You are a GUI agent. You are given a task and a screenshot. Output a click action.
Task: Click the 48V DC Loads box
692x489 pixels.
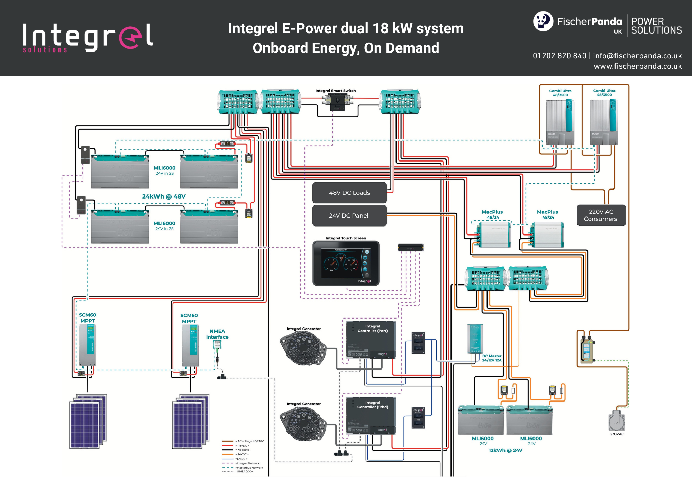pos(349,193)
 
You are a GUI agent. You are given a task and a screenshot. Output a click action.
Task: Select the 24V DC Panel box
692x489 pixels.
pos(349,215)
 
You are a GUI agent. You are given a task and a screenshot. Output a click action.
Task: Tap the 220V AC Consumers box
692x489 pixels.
pos(601,215)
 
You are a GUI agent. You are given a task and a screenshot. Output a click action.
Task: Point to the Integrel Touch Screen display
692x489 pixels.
pos(346,264)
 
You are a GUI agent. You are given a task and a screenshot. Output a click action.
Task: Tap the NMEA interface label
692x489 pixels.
pos(217,334)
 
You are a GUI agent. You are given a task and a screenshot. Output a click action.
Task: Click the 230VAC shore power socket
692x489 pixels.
pos(617,421)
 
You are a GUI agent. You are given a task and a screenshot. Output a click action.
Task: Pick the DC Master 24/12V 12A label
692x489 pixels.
pos(492,358)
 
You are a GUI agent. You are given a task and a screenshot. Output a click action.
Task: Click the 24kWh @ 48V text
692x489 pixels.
pos(164,196)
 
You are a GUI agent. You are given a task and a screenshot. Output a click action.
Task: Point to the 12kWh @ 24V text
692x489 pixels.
pos(505,450)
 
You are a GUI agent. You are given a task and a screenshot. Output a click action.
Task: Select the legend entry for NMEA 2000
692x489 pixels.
pos(244,472)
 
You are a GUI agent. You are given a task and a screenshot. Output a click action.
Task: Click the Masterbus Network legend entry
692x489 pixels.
pos(249,468)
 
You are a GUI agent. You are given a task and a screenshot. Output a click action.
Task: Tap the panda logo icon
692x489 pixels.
pos(543,21)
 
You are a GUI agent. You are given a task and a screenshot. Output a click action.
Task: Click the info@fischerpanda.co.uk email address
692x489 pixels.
pos(637,56)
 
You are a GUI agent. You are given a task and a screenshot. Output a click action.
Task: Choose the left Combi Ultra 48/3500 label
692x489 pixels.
pos(560,93)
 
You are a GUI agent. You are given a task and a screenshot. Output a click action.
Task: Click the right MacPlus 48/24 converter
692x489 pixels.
pos(547,235)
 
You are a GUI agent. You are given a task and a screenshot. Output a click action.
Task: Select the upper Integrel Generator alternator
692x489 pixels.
pos(303,348)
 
